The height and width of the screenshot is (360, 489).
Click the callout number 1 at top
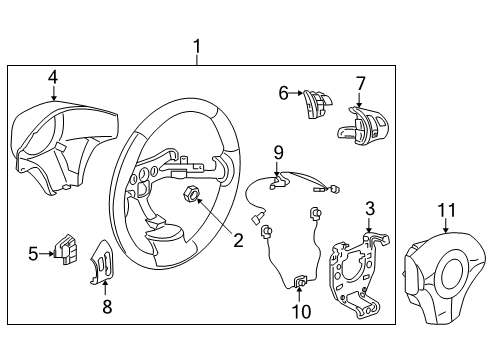pos(197,46)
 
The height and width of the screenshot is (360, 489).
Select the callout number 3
pos(369,207)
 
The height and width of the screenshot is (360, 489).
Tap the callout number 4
pos(52,75)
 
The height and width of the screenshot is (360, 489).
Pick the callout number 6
pos(284,93)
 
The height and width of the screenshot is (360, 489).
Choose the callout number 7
pos(361,83)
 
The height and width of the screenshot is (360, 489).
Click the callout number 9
pos(279,152)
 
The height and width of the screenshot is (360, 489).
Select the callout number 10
pos(300,312)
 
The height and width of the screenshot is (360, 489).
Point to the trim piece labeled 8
pos(107,262)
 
